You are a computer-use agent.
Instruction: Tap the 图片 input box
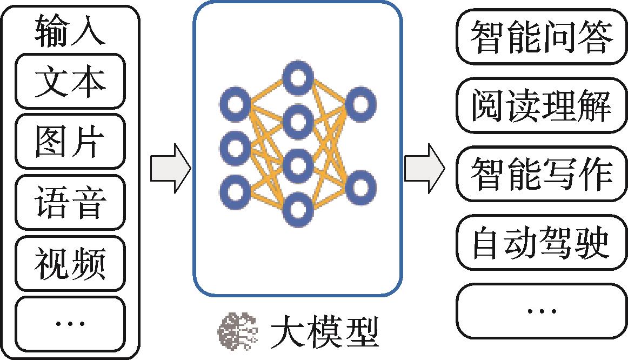(70, 142)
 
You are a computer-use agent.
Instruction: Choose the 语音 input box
(70, 203)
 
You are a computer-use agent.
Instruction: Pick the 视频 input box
(70, 264)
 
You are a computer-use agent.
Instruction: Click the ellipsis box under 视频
(70, 323)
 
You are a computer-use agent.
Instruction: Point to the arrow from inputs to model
(170, 168)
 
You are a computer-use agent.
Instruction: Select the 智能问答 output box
(542, 37)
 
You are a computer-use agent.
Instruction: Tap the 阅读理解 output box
(542, 105)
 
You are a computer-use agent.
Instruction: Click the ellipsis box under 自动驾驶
(542, 311)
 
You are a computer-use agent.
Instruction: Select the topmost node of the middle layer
(298, 78)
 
